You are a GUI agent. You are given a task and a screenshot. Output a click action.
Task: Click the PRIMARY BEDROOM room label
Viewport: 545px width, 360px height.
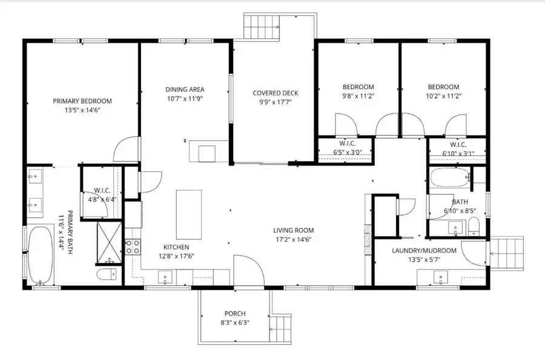[82, 101]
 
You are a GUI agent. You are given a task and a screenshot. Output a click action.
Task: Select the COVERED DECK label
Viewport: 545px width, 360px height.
[276, 93]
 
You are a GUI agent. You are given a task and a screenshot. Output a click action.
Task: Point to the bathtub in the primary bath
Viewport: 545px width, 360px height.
[41, 255]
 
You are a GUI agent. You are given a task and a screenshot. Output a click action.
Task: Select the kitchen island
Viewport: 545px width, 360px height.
[188, 215]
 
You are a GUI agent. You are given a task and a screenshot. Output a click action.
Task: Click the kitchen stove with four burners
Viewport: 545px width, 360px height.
[133, 246]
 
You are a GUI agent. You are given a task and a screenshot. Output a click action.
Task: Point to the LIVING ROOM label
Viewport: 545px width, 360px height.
[293, 230]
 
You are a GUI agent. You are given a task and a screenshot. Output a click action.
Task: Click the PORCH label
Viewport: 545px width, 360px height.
[235, 313]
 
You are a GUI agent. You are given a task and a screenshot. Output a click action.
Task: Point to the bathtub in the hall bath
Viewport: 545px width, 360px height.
[449, 179]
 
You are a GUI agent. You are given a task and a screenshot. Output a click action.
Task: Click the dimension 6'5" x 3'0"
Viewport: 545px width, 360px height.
[347, 153]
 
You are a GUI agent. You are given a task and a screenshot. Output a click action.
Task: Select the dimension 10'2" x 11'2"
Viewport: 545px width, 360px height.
[443, 96]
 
